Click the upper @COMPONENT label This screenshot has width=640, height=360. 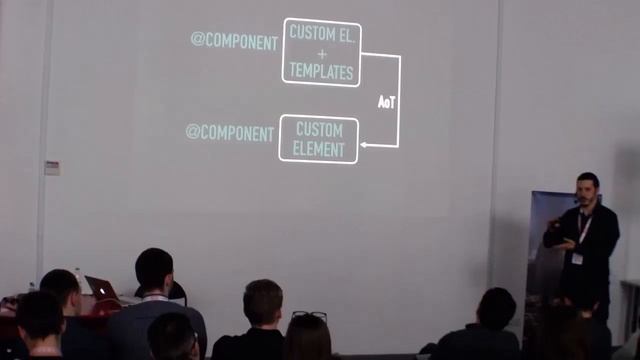[x=234, y=42]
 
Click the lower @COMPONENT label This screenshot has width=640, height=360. [x=229, y=132]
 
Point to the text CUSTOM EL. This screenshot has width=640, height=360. [x=321, y=32]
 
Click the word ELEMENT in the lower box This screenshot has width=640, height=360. [x=318, y=150]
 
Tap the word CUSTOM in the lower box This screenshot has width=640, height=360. [x=318, y=130]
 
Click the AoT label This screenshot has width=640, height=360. [x=387, y=101]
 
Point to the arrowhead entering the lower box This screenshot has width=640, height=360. [x=364, y=146]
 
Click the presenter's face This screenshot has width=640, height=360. [x=588, y=188]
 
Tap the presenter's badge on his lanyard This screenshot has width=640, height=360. [x=577, y=257]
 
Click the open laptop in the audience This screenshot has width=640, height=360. [x=100, y=286]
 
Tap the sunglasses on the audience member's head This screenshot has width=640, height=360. [x=309, y=316]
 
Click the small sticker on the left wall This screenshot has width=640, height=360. [x=52, y=167]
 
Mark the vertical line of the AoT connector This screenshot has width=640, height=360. [x=399, y=100]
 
